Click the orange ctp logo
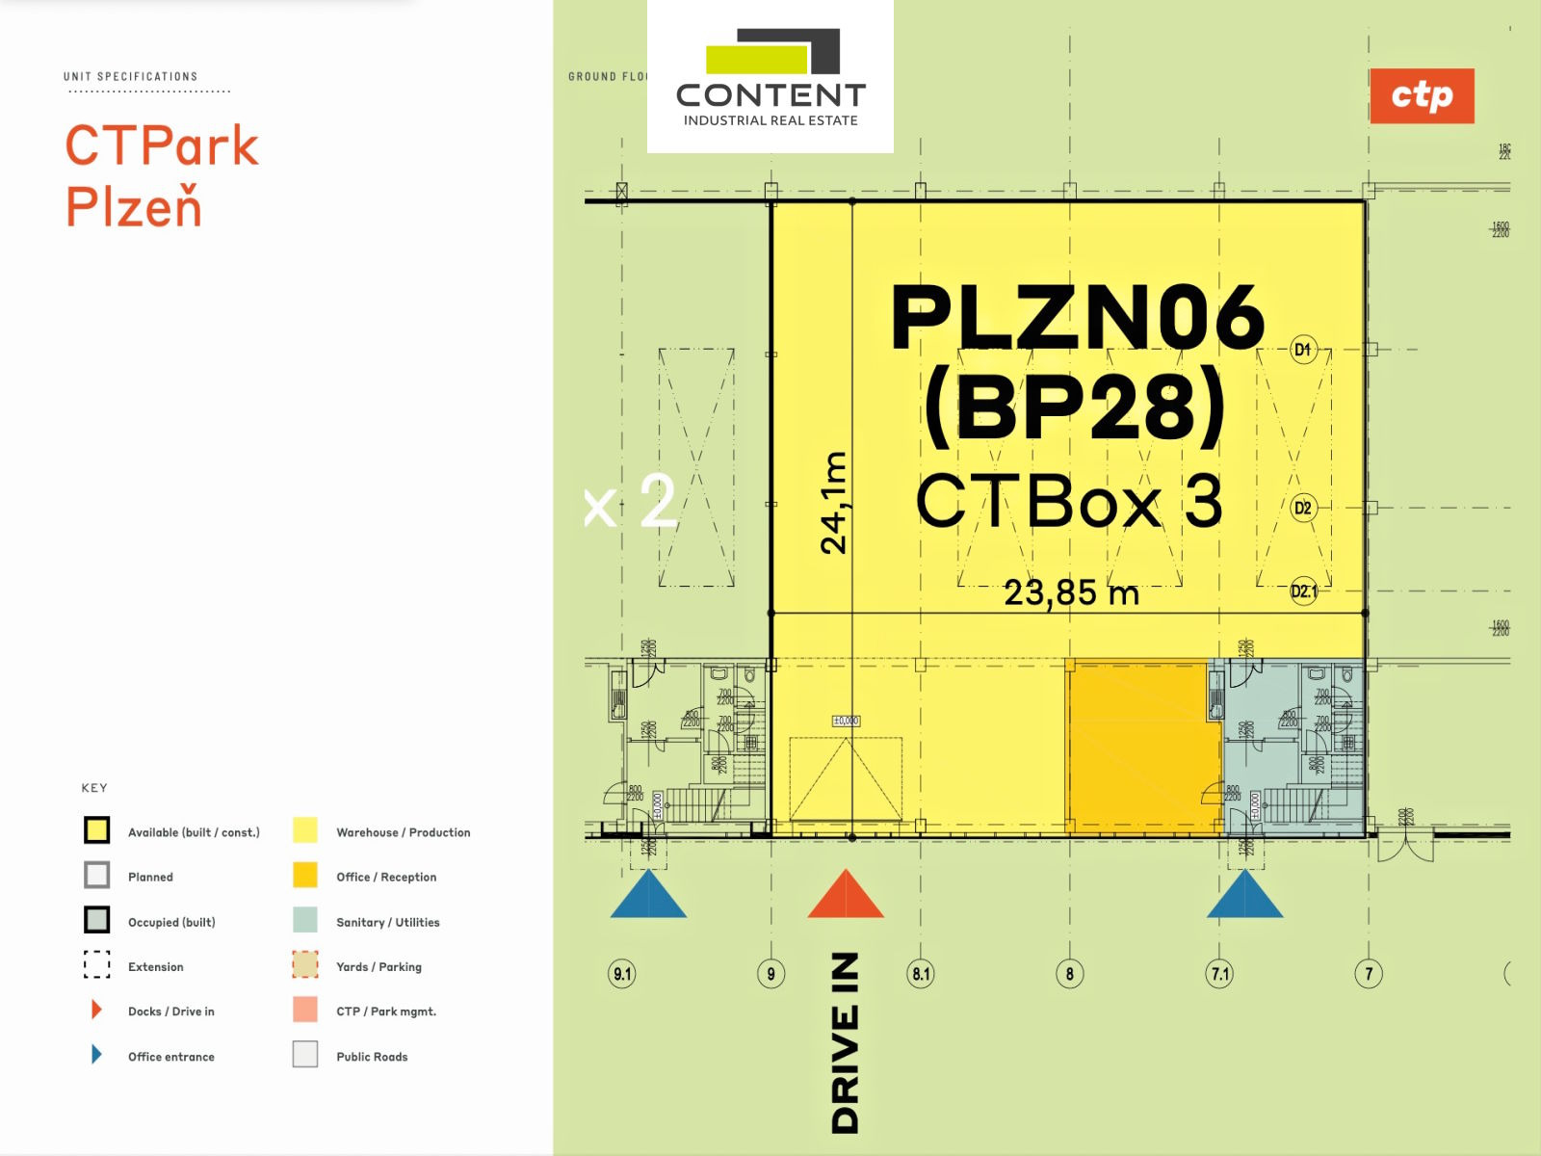1421,95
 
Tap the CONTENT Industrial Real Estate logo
770,77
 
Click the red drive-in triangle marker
845,896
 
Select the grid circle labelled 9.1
622,974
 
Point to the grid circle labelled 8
1069,974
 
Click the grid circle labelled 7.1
1219,974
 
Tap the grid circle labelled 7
1369,974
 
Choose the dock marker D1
1302,350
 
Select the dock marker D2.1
1303,591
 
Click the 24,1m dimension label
834,503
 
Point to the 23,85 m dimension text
1071,592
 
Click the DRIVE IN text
845,1042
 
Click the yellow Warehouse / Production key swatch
304,830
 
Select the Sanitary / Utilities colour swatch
304,920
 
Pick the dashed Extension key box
96,965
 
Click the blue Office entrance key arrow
96,1055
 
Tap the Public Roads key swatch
304,1055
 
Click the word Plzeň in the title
134,205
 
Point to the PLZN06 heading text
1077,318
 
